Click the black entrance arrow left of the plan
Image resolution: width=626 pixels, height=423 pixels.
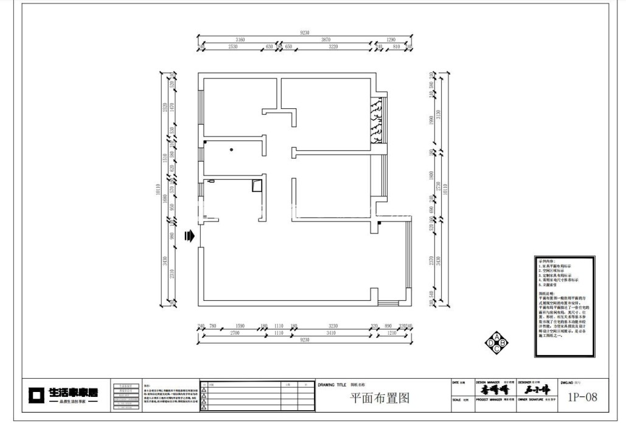189,236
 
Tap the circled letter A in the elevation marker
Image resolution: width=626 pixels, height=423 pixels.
496,337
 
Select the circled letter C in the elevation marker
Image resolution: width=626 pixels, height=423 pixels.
496,349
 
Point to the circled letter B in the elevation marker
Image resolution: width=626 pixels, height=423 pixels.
503,343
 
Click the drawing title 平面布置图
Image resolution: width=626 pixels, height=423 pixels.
379,398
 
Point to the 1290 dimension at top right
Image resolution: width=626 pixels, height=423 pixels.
391,39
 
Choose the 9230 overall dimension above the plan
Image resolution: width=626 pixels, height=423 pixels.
305,32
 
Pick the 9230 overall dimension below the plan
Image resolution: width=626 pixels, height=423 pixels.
305,340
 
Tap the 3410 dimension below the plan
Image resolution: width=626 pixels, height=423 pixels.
332,333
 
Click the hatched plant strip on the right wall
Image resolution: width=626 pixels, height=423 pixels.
377,120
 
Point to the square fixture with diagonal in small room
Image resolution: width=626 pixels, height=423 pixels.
256,185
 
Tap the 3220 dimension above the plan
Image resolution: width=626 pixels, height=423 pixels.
333,46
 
